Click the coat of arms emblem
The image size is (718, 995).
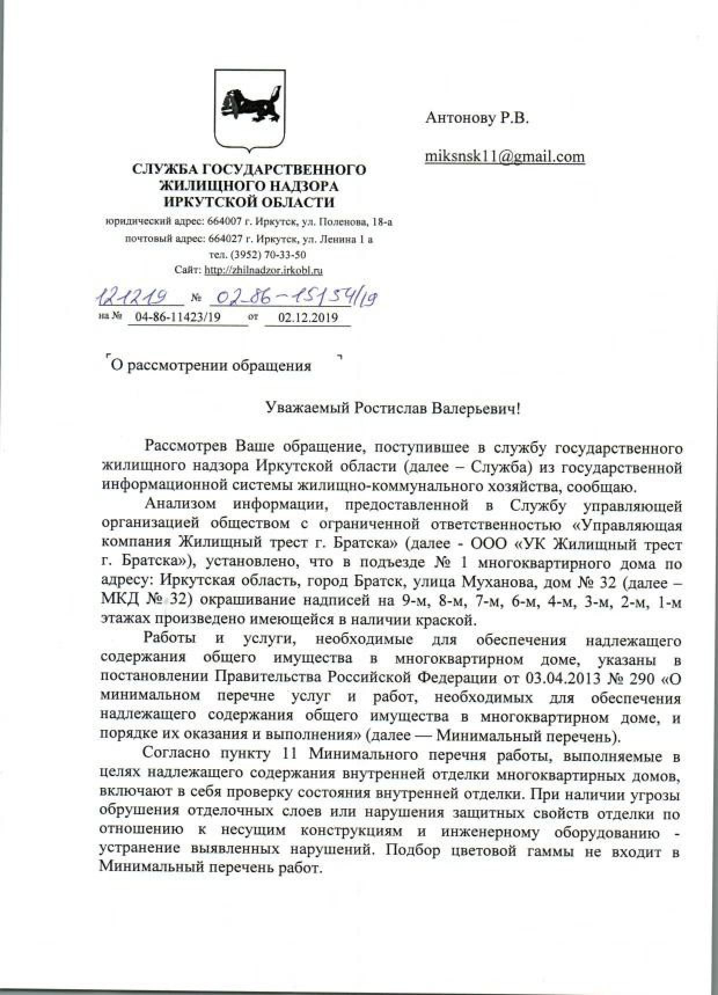tap(250, 108)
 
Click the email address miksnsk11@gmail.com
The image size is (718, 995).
tap(505, 157)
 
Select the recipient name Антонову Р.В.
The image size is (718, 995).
tap(477, 119)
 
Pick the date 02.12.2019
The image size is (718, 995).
tap(307, 317)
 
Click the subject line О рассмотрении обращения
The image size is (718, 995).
tap(211, 365)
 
